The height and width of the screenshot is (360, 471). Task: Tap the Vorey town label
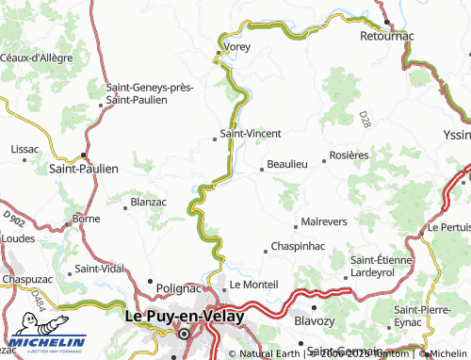(235, 45)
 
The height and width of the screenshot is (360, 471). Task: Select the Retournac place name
(388, 35)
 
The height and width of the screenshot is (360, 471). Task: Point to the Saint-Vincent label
(250, 134)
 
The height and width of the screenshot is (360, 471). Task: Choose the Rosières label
(348, 155)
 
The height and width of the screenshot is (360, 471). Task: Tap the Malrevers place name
(322, 222)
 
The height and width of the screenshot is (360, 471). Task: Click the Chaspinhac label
(298, 246)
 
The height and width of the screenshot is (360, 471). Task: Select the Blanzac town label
(153, 202)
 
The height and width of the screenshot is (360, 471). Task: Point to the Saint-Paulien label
(84, 169)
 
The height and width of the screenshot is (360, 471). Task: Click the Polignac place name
(178, 286)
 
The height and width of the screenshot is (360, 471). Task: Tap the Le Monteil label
(253, 284)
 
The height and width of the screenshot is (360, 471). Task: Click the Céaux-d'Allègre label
(37, 57)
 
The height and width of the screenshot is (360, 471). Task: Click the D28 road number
(365, 119)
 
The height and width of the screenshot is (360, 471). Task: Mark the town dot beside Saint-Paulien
(85, 155)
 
